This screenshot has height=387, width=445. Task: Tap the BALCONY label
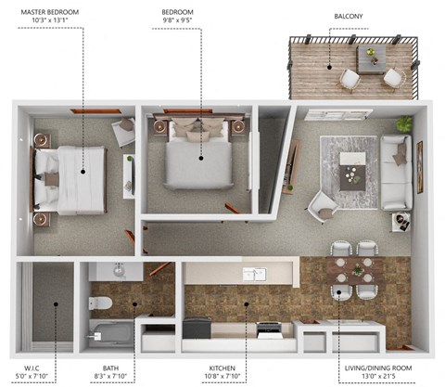click(x=349, y=16)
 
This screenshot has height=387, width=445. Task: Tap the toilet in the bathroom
click(x=100, y=303)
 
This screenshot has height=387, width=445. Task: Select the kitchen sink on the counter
click(x=253, y=274)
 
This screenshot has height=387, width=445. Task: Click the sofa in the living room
click(x=396, y=172)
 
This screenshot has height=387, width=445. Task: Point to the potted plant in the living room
click(x=404, y=123)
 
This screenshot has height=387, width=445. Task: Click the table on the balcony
click(x=372, y=59)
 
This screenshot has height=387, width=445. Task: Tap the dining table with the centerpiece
click(x=356, y=271)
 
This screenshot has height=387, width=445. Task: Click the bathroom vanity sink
click(x=119, y=271)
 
